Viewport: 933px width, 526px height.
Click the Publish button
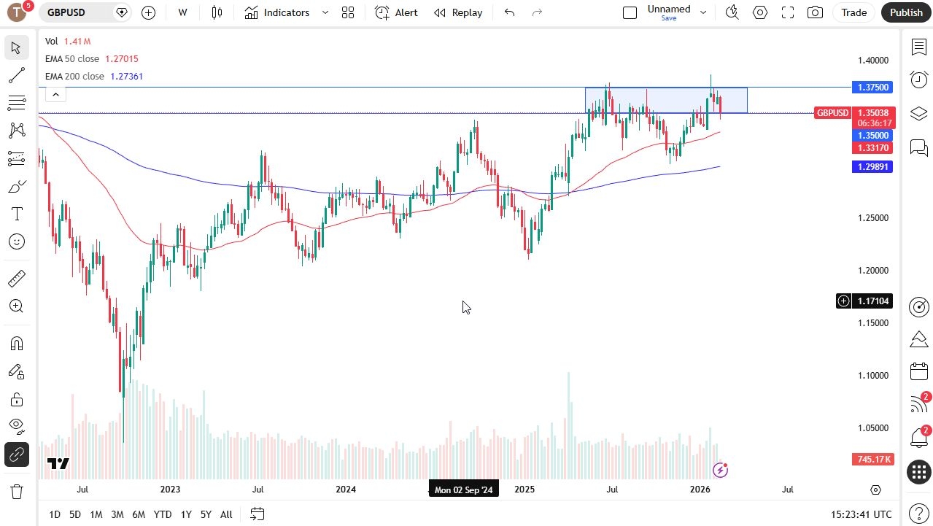click(906, 12)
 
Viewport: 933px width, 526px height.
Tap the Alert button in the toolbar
click(396, 12)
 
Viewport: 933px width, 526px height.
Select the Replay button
click(458, 12)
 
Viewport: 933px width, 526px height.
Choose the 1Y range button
click(186, 514)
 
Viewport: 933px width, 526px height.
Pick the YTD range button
click(163, 514)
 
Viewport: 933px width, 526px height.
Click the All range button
click(226, 514)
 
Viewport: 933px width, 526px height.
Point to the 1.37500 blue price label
click(872, 87)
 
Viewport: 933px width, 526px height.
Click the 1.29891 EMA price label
click(872, 166)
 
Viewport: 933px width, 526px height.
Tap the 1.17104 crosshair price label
click(872, 301)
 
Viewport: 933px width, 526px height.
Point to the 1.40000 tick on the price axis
click(873, 61)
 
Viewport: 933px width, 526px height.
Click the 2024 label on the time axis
click(346, 490)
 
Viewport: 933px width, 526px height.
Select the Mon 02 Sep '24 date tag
click(464, 490)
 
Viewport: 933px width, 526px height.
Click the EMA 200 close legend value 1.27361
click(126, 76)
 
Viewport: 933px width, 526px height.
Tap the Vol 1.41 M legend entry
click(68, 42)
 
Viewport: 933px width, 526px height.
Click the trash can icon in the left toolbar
click(17, 492)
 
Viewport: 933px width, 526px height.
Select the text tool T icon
click(17, 214)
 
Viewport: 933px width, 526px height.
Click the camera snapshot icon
click(815, 12)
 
